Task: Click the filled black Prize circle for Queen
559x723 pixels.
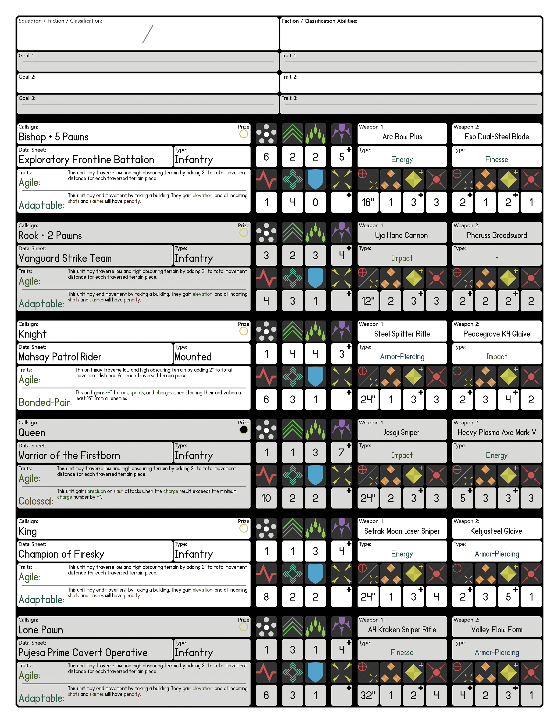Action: pyautogui.click(x=244, y=430)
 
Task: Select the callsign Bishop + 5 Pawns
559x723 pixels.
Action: pyautogui.click(x=53, y=137)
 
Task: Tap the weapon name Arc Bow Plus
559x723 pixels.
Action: pyautogui.click(x=402, y=137)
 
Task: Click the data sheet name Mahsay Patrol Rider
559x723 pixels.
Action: pyautogui.click(x=60, y=357)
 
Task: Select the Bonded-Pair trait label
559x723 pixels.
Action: pyautogui.click(x=45, y=403)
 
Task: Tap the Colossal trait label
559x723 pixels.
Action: pyautogui.click(x=36, y=501)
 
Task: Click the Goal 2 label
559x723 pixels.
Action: pyautogui.click(x=27, y=77)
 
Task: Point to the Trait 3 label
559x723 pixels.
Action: pyautogui.click(x=289, y=98)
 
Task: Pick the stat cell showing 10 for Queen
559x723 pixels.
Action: pyautogui.click(x=266, y=498)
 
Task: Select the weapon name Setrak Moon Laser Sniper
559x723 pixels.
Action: pyautogui.click(x=402, y=531)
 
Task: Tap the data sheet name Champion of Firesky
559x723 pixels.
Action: pyautogui.click(x=61, y=554)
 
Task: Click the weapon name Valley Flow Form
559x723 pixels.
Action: pyautogui.click(x=496, y=630)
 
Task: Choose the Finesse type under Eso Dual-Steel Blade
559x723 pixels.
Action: pyautogui.click(x=496, y=160)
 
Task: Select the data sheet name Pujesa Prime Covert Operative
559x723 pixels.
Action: pyautogui.click(x=83, y=653)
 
